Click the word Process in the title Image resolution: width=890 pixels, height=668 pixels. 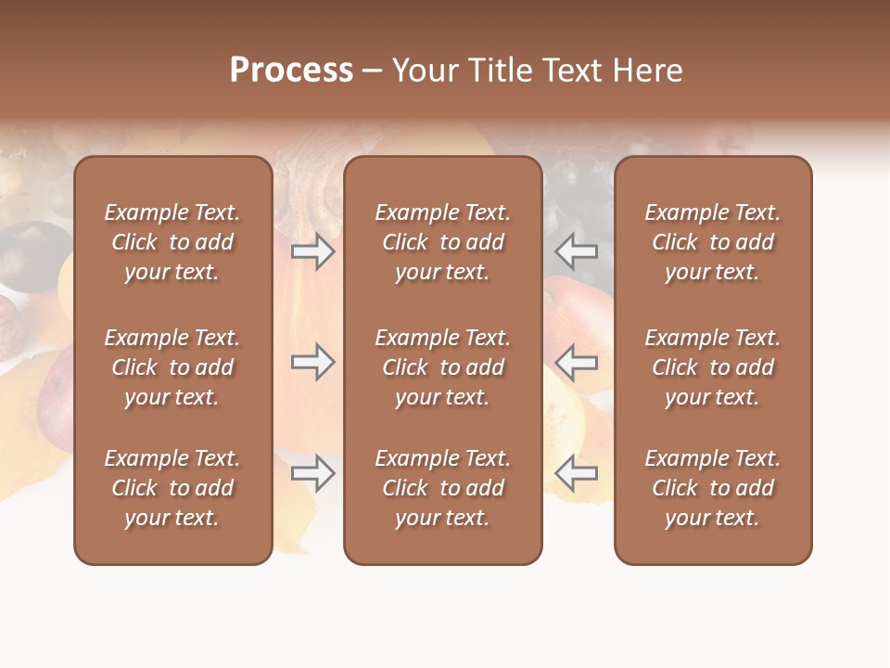tap(291, 71)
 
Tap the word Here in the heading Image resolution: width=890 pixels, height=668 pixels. tap(645, 71)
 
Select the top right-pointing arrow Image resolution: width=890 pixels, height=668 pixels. tap(313, 250)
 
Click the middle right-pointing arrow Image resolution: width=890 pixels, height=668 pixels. tap(313, 363)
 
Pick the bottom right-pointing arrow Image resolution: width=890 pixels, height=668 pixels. tap(313, 473)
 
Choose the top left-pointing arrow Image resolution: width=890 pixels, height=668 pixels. tap(577, 250)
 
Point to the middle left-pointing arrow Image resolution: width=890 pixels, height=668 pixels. tap(577, 363)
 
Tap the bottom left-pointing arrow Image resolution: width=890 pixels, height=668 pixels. tap(577, 473)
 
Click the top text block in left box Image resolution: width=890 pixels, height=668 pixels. tap(172, 242)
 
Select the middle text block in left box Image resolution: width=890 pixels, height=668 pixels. tap(172, 367)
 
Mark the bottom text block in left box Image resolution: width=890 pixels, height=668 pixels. tap(172, 488)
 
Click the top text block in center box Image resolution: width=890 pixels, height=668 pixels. tap(443, 242)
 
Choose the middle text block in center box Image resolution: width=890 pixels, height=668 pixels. tap(443, 367)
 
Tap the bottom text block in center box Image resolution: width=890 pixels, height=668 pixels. tap(443, 488)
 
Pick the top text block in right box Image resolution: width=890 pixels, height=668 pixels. tap(713, 242)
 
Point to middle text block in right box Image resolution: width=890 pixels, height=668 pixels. tap(713, 367)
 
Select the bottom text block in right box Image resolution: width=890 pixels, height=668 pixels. tap(713, 488)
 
